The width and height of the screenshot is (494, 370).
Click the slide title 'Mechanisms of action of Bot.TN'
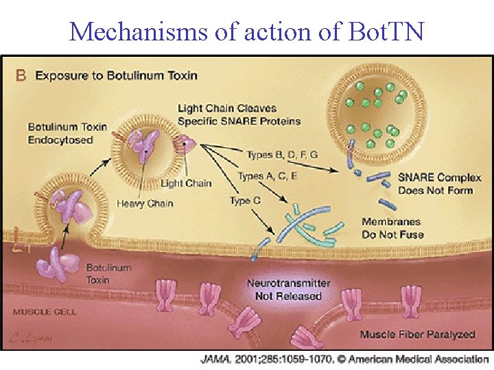pos(247,31)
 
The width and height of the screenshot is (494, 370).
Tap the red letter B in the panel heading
pos(21,75)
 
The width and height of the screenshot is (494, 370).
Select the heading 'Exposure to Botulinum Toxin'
pos(116,75)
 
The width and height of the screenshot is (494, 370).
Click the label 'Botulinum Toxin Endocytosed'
pos(67,133)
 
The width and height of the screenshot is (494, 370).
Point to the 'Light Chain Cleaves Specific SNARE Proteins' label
pos(239,114)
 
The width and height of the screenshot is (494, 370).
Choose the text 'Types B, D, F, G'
pos(282,155)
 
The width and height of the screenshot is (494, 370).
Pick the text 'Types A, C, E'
pos(268,176)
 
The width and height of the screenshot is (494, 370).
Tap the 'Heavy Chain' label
pos(145,203)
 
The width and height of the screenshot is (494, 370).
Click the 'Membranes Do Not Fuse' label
pos(392,228)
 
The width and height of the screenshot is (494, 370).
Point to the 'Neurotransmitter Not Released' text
pos(288,290)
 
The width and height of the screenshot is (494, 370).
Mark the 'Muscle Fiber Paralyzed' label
pos(417,334)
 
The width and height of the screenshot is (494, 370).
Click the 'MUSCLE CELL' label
pos(45,312)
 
